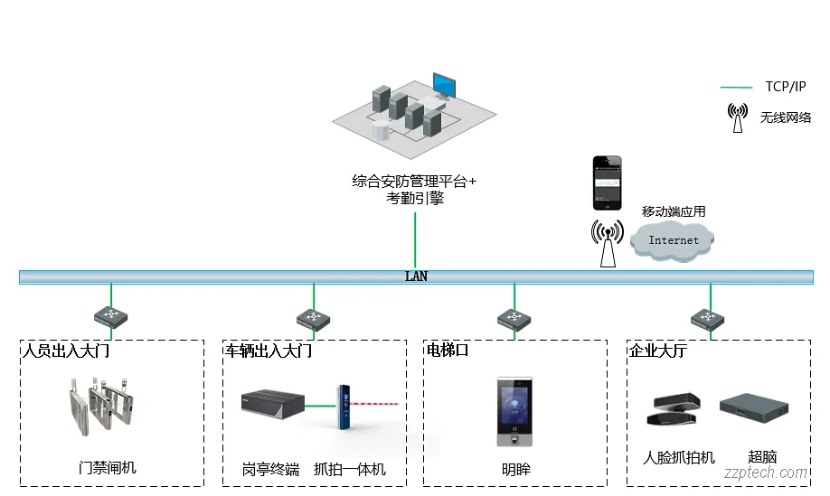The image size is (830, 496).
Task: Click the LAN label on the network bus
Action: coord(416,276)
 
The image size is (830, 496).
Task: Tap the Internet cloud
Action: coord(674,239)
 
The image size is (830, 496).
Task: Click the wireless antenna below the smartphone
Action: coord(608,242)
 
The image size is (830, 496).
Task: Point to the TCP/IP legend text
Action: coord(785,87)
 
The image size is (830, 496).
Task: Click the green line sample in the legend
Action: coord(736,88)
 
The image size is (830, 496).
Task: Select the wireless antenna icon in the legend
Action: coord(738,117)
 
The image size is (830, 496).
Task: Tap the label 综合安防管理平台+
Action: coord(414,181)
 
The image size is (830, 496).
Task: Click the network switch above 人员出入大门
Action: coord(111,317)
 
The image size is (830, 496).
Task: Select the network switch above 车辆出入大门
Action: coord(314,318)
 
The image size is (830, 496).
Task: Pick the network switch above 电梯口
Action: coord(514,318)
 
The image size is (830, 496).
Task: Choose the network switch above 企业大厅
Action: coord(710,318)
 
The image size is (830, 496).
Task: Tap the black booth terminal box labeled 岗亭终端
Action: coord(272,404)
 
